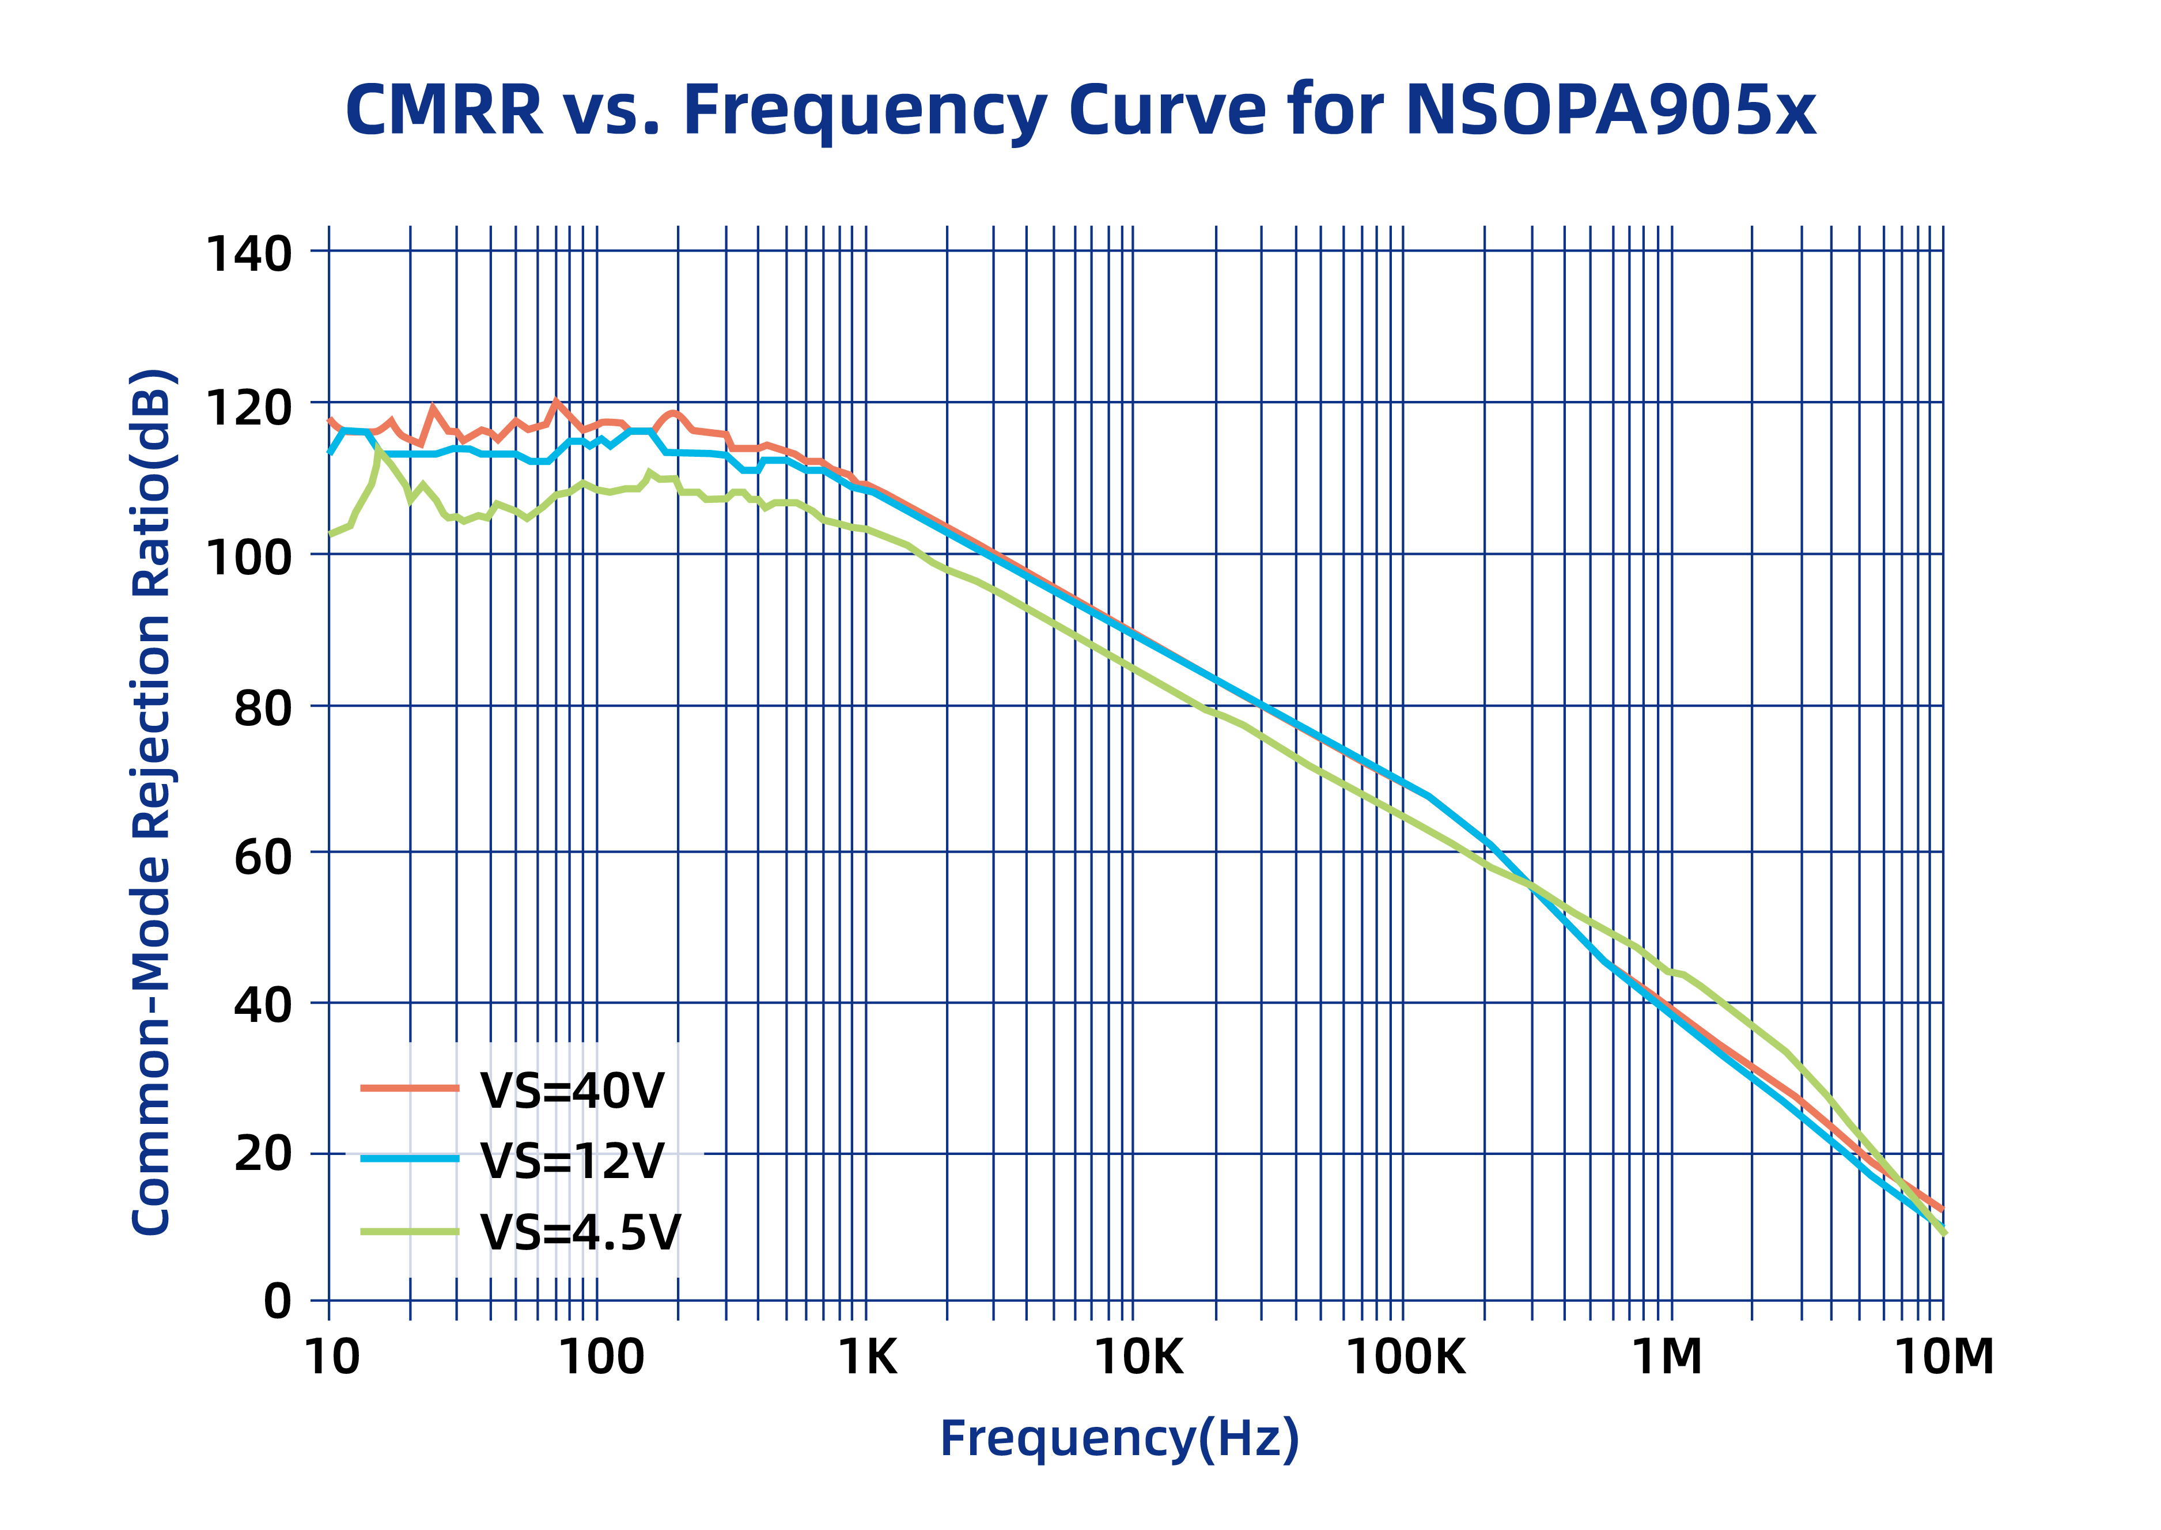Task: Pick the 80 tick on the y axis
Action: tap(262, 709)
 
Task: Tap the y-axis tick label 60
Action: tap(262, 857)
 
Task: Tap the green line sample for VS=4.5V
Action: tap(410, 1232)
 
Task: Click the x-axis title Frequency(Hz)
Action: tap(1119, 1438)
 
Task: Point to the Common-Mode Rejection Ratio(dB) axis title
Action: tap(151, 801)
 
